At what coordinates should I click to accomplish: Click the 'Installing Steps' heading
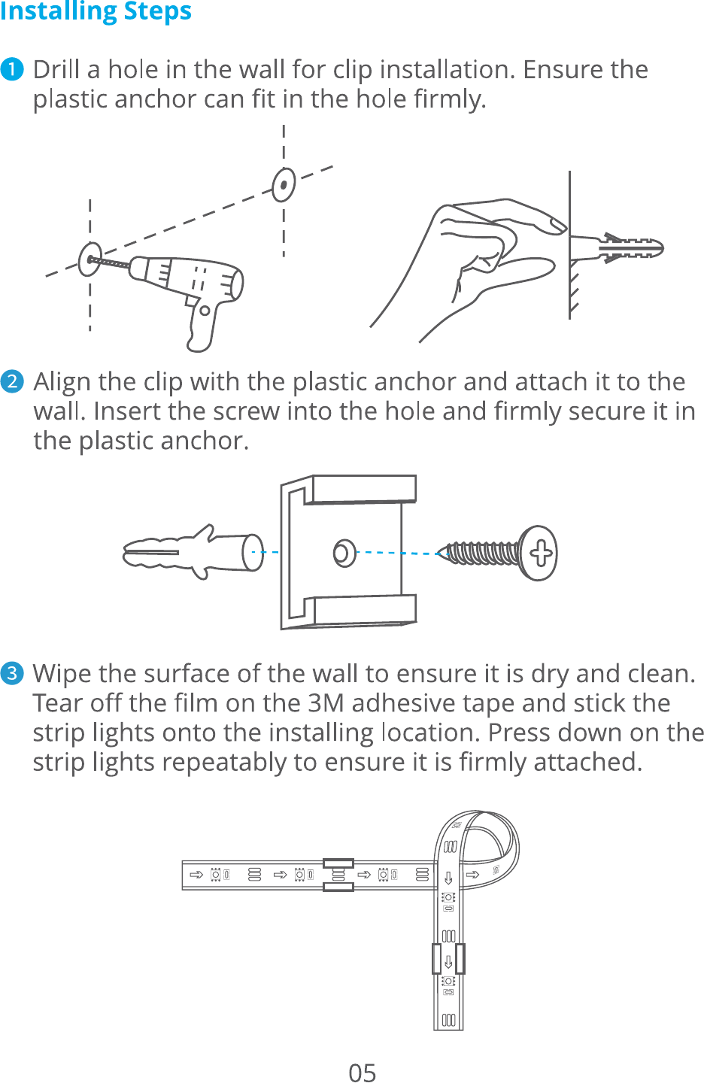[96, 11]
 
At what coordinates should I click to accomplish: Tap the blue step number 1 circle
[12, 69]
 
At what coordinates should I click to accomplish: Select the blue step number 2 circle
[12, 381]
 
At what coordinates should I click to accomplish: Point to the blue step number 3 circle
[12, 674]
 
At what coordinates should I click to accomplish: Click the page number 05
[363, 1072]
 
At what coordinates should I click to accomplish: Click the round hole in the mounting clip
[344, 553]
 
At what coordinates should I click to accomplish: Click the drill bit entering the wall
[109, 262]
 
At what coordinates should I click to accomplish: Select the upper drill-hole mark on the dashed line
[284, 185]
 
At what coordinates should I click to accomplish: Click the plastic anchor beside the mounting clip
[193, 552]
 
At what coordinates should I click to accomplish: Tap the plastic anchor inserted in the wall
[617, 248]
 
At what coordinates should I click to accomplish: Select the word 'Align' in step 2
[62, 382]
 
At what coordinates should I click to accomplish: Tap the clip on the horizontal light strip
[338, 875]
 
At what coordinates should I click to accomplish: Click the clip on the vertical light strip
[448, 958]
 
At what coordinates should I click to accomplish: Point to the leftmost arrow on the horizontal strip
[196, 875]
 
